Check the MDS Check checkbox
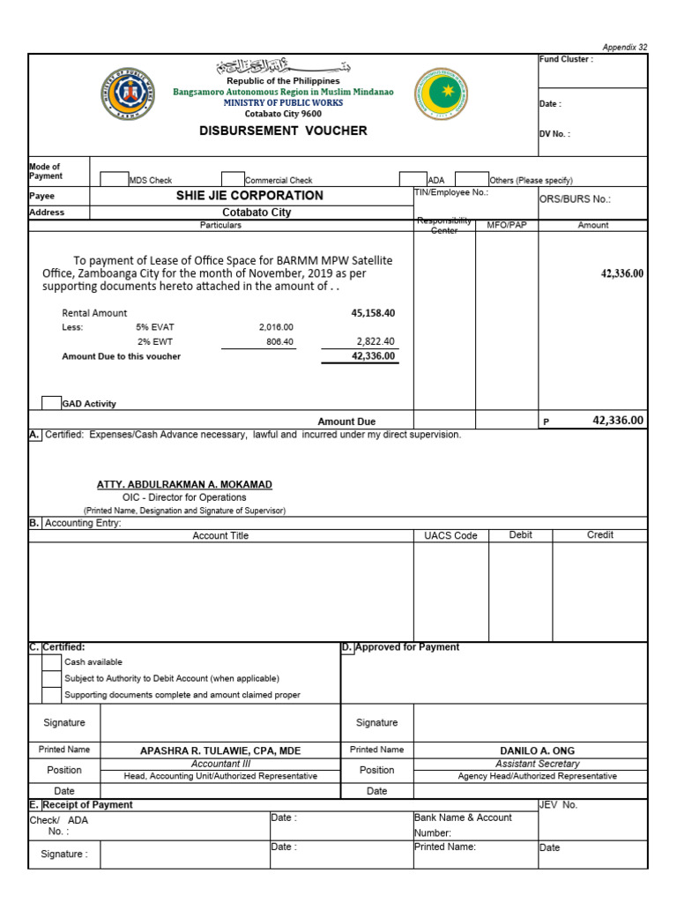[x=114, y=179]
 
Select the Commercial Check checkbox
[x=233, y=179]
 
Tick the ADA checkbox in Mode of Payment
[x=413, y=179]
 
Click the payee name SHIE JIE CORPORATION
[x=249, y=196]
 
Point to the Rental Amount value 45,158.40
[x=373, y=313]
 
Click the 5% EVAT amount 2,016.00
[x=276, y=327]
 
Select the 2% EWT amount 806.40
[x=279, y=342]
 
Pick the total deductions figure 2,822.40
[x=376, y=341]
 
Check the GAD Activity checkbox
[x=51, y=403]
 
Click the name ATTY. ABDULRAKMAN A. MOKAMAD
[x=184, y=485]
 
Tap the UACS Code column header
[x=450, y=536]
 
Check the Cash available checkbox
[x=51, y=662]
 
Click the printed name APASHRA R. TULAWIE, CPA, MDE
[x=220, y=751]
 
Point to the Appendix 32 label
[x=625, y=48]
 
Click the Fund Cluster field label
[x=566, y=60]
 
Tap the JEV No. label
[x=558, y=805]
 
